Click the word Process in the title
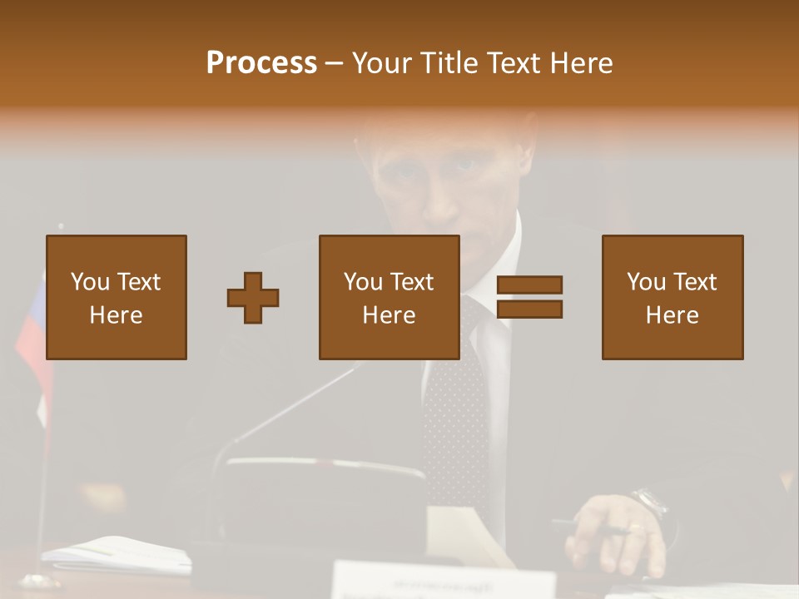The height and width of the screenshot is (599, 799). tap(261, 63)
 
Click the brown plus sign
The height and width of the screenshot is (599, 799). tap(253, 298)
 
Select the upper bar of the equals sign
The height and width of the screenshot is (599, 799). tap(529, 285)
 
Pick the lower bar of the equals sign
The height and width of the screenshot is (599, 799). tap(529, 309)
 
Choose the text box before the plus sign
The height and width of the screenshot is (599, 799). tap(116, 297)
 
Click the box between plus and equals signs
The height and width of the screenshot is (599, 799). tap(389, 297)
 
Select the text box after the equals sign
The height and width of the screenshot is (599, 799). tap(672, 297)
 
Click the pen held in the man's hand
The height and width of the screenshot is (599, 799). tap(587, 527)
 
